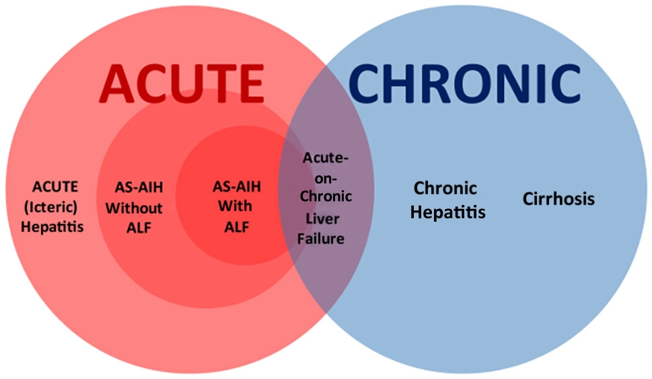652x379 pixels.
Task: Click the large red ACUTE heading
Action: (182, 83)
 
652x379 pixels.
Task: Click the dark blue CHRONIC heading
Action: (464, 83)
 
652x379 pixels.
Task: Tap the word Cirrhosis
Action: (558, 199)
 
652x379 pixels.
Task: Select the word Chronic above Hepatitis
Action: (445, 188)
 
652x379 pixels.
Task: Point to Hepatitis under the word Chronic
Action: (448, 212)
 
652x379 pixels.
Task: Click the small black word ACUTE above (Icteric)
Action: (55, 187)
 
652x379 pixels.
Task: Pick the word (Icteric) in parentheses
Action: (50, 207)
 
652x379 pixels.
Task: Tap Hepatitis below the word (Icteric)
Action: (52, 226)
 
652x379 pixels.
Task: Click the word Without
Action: (134, 208)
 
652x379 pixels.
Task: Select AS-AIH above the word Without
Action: (139, 187)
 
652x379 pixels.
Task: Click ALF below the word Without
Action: (139, 228)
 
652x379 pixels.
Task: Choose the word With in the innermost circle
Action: (235, 206)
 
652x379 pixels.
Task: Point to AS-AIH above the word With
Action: (237, 187)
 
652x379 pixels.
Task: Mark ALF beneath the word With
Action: (237, 227)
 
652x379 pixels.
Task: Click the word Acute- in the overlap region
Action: (326, 158)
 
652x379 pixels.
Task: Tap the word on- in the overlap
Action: (326, 179)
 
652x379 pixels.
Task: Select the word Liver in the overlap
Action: (323, 218)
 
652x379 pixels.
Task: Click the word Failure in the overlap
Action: (320, 239)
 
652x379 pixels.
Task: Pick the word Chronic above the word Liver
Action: (326, 196)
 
